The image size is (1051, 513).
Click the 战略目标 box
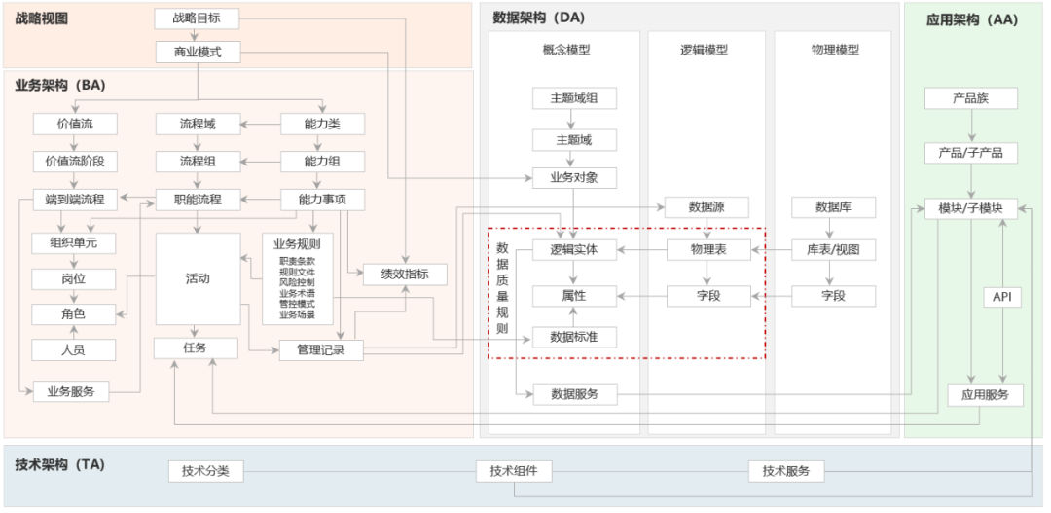tap(197, 18)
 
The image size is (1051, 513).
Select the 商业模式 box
tap(197, 53)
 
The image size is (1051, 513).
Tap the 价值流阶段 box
tap(75, 162)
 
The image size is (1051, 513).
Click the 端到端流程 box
tap(75, 200)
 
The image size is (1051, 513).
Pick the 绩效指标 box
tap(404, 275)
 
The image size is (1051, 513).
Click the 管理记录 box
tap(321, 349)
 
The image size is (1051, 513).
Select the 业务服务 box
tap(71, 392)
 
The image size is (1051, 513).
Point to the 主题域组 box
tap(574, 98)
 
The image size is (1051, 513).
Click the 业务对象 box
tap(574, 178)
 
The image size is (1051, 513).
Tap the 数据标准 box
tap(574, 337)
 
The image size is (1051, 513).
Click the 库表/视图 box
tap(833, 250)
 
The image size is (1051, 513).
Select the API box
tap(1001, 297)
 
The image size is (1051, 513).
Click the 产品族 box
tap(970, 98)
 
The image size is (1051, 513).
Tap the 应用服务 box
tap(985, 395)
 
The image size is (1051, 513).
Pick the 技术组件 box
tap(514, 471)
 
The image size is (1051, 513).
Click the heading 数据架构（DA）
tap(539, 18)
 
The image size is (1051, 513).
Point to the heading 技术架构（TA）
tap(60, 464)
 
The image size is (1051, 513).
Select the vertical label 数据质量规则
tap(502, 288)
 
